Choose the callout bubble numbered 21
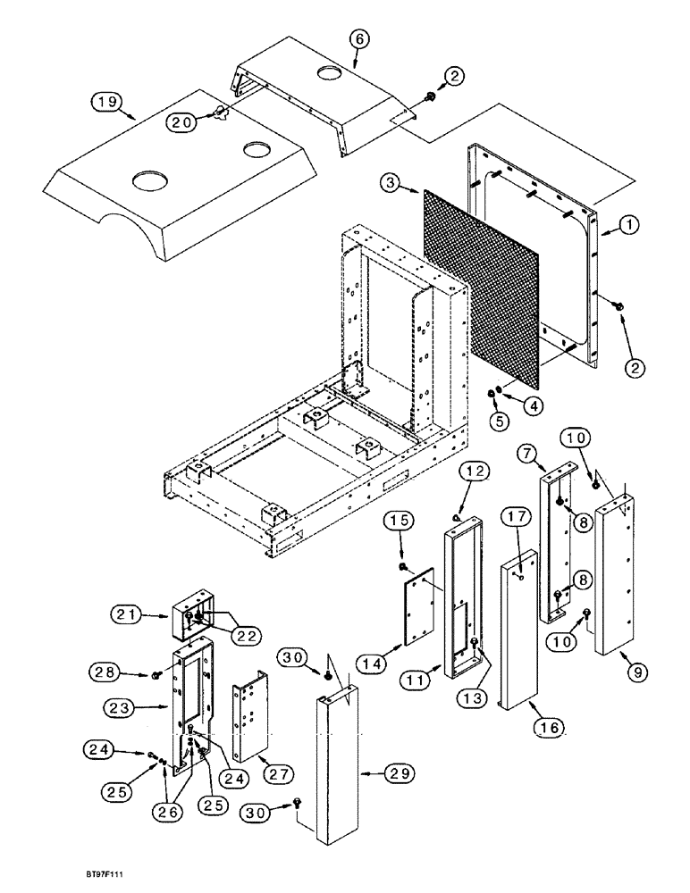click(x=126, y=615)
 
